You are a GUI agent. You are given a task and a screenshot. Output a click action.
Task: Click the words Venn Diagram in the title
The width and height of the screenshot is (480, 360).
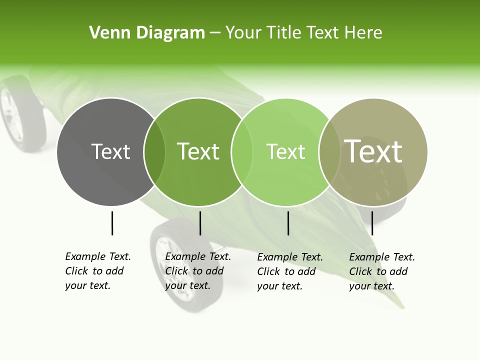click(146, 33)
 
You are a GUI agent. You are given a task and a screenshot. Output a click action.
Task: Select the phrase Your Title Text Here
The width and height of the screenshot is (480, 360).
click(303, 33)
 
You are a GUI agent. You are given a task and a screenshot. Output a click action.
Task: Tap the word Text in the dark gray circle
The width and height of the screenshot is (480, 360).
click(110, 151)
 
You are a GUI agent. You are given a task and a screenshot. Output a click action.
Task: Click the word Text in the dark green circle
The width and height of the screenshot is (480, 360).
click(198, 151)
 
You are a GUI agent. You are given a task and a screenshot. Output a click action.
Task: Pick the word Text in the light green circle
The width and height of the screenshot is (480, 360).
click(285, 151)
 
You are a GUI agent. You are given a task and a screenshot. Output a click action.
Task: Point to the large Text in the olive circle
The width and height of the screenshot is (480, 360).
click(373, 151)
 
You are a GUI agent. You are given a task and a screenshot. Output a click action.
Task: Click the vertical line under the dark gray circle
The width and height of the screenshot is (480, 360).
click(112, 223)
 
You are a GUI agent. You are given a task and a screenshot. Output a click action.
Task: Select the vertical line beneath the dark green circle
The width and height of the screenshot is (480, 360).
click(200, 223)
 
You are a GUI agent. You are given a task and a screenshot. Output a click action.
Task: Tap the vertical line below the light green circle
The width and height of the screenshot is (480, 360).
click(288, 223)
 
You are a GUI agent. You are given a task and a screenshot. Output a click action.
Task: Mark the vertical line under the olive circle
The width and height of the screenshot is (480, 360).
click(372, 223)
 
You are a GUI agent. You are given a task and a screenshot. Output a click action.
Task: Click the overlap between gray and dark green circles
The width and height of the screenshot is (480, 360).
click(154, 151)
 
